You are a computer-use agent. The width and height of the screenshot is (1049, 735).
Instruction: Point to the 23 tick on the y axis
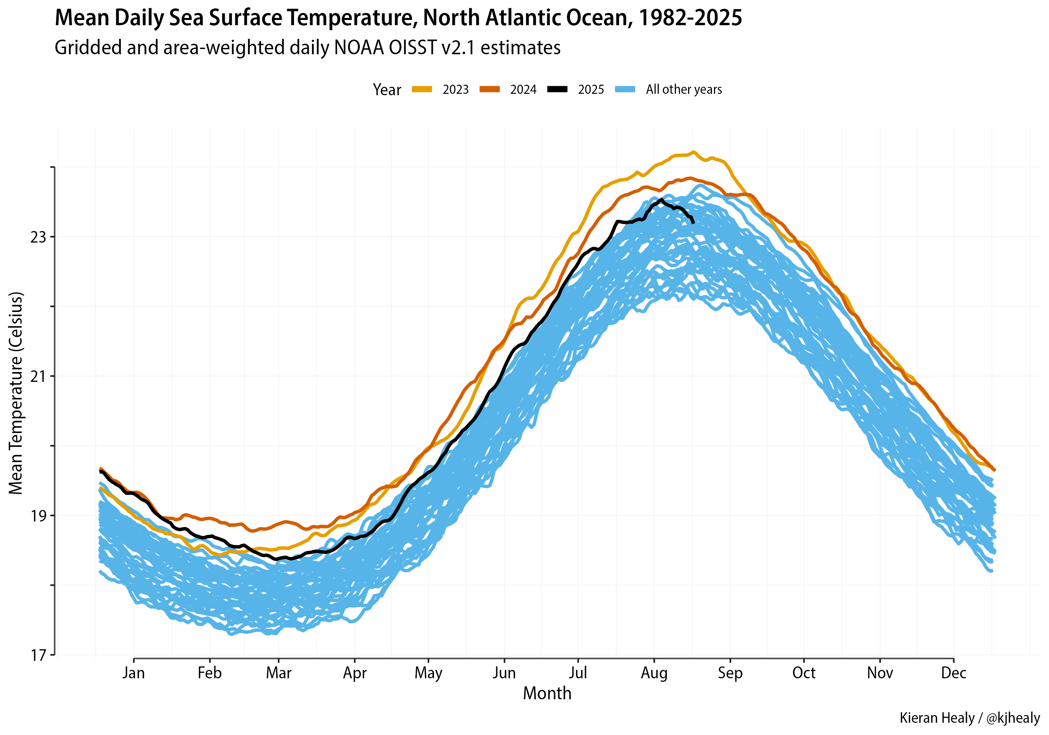click(38, 237)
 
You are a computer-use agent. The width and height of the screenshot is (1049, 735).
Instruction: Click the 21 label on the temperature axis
click(38, 376)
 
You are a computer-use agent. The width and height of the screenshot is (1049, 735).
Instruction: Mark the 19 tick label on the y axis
click(38, 516)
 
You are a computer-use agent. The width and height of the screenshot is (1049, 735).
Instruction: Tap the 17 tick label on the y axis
click(38, 656)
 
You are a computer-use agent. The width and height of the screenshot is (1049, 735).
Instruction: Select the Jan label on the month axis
click(134, 673)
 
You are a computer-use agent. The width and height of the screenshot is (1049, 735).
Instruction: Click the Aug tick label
click(654, 673)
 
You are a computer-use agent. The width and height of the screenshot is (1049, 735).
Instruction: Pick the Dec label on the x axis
click(954, 673)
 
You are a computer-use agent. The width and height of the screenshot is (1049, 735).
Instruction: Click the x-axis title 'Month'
click(547, 693)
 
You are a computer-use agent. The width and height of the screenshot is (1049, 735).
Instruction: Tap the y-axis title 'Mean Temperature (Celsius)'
click(16, 393)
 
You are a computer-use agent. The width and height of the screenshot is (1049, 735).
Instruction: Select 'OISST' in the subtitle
click(410, 48)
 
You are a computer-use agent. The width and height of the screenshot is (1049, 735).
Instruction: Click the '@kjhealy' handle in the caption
click(1013, 718)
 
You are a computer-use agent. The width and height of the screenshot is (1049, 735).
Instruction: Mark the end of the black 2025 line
click(693, 223)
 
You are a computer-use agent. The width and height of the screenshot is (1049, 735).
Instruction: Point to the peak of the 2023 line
click(693, 152)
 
